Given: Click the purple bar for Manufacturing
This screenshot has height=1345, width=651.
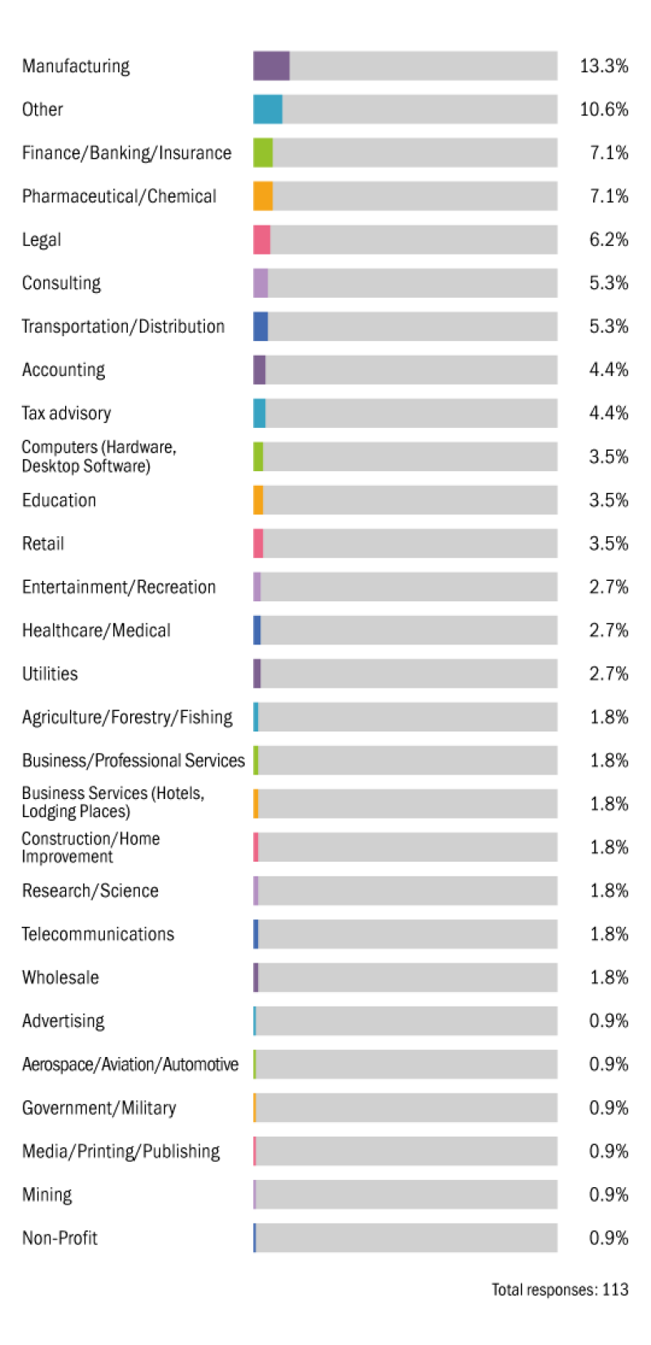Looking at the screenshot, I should [271, 66].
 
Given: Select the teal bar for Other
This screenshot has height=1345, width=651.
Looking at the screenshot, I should [268, 109].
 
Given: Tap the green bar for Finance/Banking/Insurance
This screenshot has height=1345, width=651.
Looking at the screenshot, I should [263, 153].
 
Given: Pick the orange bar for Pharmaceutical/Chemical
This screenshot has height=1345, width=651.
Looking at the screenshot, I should [263, 196].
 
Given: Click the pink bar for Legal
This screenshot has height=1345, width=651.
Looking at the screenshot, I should [261, 240].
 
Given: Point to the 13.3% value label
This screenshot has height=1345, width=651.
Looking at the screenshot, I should [604, 66].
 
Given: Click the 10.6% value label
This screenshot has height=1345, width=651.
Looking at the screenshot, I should [604, 109].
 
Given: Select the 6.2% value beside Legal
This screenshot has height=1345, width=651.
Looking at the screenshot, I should [609, 240].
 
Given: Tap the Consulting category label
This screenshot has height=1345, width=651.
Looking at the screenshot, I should [61, 283].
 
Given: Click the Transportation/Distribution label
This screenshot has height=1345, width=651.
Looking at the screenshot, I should [123, 326].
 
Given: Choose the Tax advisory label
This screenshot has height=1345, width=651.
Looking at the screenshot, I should [66, 413].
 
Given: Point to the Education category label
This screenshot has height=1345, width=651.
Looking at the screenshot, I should [59, 500].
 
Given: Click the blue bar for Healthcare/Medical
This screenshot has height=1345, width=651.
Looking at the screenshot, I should [257, 631].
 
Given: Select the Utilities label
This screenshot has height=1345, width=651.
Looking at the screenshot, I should [50, 674].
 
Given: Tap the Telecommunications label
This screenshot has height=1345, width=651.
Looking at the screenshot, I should [98, 934].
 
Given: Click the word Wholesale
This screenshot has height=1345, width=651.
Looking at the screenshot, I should [60, 977].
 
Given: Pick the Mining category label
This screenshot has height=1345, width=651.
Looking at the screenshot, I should [46, 1194].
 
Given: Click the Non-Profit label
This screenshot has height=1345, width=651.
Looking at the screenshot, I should [59, 1238].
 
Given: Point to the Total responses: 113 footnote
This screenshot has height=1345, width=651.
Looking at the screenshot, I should [560, 1290].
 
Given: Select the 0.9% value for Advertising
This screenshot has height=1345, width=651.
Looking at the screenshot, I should [609, 1021].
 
